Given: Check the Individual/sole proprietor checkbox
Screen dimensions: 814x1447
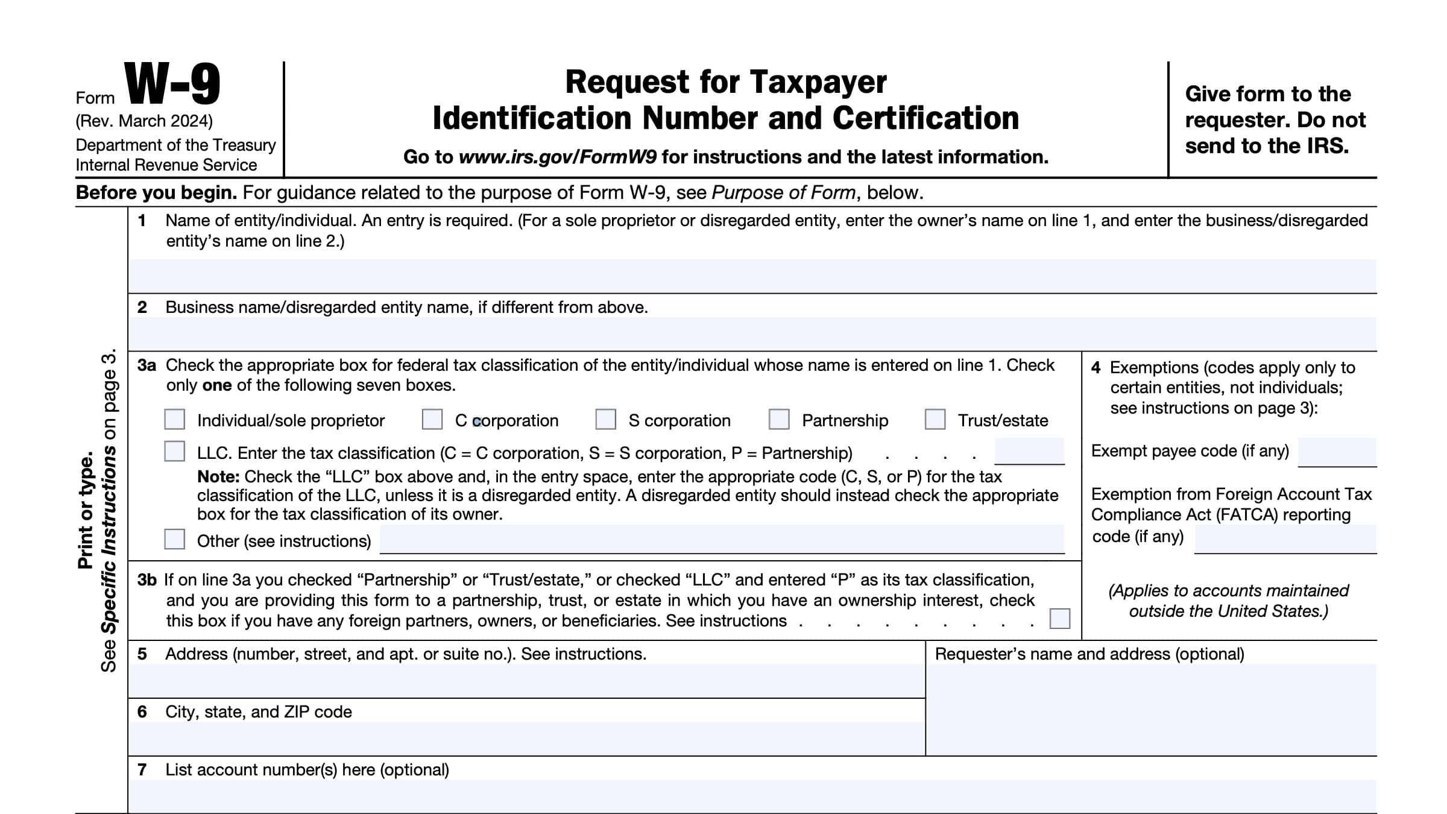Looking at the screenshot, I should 175,419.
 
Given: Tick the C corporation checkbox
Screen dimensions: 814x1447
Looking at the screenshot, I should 432,419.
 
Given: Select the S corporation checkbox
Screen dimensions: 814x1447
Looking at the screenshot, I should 605,419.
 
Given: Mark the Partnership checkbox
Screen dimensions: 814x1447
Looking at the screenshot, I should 779,419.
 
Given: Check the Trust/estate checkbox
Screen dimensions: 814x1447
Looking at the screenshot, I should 935,419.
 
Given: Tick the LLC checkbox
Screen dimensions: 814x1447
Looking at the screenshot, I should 175,451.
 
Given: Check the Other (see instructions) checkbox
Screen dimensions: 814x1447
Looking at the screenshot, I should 175,539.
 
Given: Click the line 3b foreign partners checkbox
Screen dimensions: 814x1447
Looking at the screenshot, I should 1059,619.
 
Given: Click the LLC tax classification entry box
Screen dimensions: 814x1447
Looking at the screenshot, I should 1029,451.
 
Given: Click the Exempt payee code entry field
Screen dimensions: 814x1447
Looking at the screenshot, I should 1337,452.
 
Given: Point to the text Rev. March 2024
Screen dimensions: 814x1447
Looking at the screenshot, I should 144,121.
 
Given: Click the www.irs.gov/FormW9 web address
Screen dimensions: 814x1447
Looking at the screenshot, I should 558,157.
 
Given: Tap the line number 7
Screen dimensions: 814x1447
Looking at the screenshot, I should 142,769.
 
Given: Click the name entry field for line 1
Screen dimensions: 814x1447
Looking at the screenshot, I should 752,276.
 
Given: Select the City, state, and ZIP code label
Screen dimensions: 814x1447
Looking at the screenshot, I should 259,711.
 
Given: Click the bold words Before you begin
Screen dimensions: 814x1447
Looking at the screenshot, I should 156,193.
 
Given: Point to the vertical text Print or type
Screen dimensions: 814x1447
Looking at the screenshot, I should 86,510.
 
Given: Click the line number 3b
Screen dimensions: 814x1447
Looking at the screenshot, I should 147,580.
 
